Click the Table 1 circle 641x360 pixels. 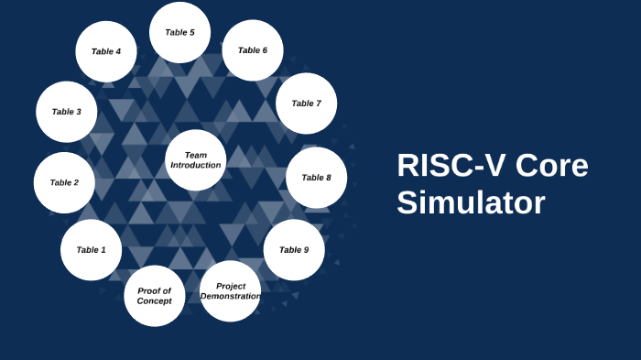pos(91,250)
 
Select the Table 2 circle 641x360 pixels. pos(64,182)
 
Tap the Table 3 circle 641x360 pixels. pos(66,112)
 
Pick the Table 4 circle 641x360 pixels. pos(105,51)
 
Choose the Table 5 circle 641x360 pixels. pos(179,32)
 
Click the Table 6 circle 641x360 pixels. pos(253,50)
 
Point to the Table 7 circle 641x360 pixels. pos(306,104)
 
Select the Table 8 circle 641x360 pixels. pos(316,178)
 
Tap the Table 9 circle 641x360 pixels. pos(294,249)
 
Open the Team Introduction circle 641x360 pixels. pos(196,160)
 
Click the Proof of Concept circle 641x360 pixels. pos(154,296)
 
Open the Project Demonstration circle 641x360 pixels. pos(230,291)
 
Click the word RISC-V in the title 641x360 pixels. pos(451,166)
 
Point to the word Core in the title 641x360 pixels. pos(551,166)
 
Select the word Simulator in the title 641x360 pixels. pos(471,202)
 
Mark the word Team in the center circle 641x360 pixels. pos(196,155)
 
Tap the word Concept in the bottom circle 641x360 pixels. pos(154,301)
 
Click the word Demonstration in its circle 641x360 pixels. pos(231,297)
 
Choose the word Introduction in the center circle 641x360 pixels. pos(196,166)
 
